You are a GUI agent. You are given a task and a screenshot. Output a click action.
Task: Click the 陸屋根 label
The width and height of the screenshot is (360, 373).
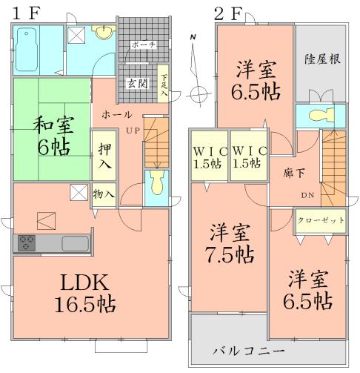click(321, 59)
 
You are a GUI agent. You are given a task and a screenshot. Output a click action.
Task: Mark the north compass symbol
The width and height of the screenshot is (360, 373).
click(197, 94)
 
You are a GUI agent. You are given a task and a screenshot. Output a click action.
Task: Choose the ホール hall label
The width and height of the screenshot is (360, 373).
click(117, 115)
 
